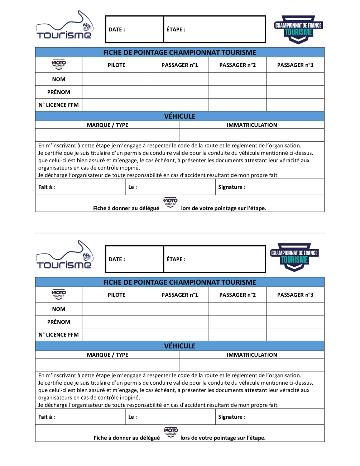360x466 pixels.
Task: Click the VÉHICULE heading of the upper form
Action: [x=180, y=116]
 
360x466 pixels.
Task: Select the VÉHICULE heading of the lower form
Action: [x=180, y=346]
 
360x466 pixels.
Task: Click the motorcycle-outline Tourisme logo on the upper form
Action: [x=66, y=25]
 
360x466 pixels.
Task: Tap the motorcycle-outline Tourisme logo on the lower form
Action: [x=66, y=255]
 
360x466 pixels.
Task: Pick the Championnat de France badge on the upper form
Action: [x=298, y=30]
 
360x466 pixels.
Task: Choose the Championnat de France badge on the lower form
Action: [x=294, y=257]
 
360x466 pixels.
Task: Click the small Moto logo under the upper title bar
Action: [x=59, y=65]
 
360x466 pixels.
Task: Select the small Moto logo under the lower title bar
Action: [x=59, y=295]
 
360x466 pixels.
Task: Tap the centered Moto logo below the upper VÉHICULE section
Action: [x=170, y=203]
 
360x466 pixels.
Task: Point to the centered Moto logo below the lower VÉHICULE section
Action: [x=171, y=432]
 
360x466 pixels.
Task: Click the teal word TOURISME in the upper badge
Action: [x=298, y=33]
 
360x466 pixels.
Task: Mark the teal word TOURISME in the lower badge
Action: [x=294, y=260]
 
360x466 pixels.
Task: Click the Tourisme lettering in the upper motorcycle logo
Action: [x=64, y=35]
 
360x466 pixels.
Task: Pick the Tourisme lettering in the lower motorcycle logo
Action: [x=64, y=265]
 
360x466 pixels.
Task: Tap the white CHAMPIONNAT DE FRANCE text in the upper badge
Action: [x=298, y=25]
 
